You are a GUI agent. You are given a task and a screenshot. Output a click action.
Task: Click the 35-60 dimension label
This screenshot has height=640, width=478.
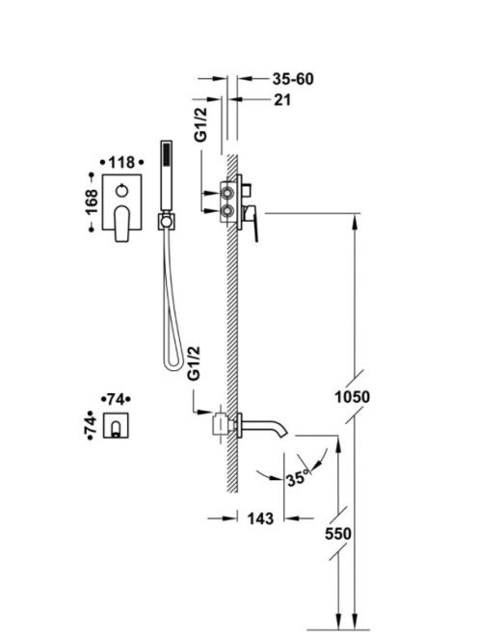click(x=293, y=79)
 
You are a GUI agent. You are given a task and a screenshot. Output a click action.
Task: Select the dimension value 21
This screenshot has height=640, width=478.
click(x=282, y=99)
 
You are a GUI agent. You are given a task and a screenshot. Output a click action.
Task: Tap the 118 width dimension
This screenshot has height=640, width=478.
click(x=122, y=163)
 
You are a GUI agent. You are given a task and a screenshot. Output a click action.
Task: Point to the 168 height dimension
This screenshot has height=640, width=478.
click(x=92, y=201)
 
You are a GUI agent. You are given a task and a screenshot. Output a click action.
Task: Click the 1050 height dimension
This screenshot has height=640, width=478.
click(x=353, y=396)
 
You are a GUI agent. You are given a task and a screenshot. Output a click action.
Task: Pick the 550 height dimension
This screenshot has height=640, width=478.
click(x=338, y=533)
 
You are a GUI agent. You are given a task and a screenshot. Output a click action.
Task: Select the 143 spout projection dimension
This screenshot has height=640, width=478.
click(x=260, y=519)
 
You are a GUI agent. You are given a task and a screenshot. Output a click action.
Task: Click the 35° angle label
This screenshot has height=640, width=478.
click(x=298, y=477)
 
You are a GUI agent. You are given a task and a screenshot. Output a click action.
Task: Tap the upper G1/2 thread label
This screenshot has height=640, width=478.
click(x=200, y=124)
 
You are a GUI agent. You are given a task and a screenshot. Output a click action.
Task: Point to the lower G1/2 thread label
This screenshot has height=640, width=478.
click(x=194, y=362)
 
